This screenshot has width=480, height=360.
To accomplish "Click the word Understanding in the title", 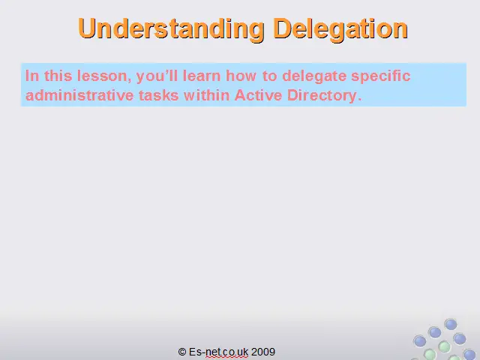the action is (x=172, y=28).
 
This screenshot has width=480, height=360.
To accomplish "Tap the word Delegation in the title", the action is (x=340, y=28).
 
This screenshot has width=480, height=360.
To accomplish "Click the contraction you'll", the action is (x=157, y=76).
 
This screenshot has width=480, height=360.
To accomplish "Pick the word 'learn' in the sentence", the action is (x=202, y=76).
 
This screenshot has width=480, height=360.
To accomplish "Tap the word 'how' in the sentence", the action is (x=241, y=76).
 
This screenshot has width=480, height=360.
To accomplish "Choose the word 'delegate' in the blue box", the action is (x=314, y=76).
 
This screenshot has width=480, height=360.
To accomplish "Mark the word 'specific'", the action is (x=381, y=76).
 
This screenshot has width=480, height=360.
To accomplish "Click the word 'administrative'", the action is (x=79, y=95).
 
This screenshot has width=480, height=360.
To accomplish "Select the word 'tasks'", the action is (x=158, y=95).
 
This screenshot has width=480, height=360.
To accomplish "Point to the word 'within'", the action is (x=207, y=95).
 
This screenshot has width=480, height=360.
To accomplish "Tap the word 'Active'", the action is (x=258, y=95).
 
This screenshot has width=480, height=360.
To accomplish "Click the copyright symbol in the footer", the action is (x=182, y=352).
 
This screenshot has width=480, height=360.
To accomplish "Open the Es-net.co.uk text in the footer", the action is (x=218, y=352).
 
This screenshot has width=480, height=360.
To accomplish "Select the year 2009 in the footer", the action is (x=263, y=352).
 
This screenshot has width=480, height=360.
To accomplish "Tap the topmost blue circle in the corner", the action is (x=451, y=325).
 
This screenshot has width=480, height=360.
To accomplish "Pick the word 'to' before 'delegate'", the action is (x=270, y=76).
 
